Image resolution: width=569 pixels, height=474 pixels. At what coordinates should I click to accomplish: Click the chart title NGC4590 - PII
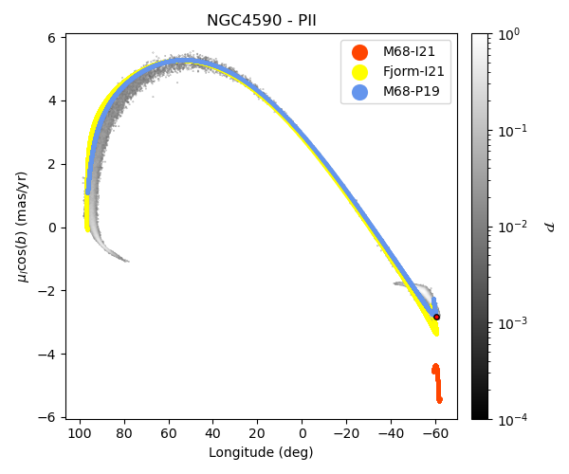tap(261, 21)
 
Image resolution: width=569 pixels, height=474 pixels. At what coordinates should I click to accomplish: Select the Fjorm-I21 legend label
tap(413, 72)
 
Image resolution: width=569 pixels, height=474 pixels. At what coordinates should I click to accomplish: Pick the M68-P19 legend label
tap(411, 92)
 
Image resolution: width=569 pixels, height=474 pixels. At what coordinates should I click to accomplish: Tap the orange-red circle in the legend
tap(359, 51)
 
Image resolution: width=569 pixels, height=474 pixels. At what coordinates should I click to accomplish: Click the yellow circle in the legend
tap(359, 72)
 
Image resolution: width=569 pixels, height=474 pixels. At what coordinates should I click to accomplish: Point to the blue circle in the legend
tap(359, 92)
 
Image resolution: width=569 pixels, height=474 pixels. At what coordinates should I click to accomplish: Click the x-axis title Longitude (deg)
tap(261, 452)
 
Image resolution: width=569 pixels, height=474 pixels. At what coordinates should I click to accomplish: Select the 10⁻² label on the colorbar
tap(514, 227)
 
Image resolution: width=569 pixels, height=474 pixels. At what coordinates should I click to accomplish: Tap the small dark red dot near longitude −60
tap(436, 317)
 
